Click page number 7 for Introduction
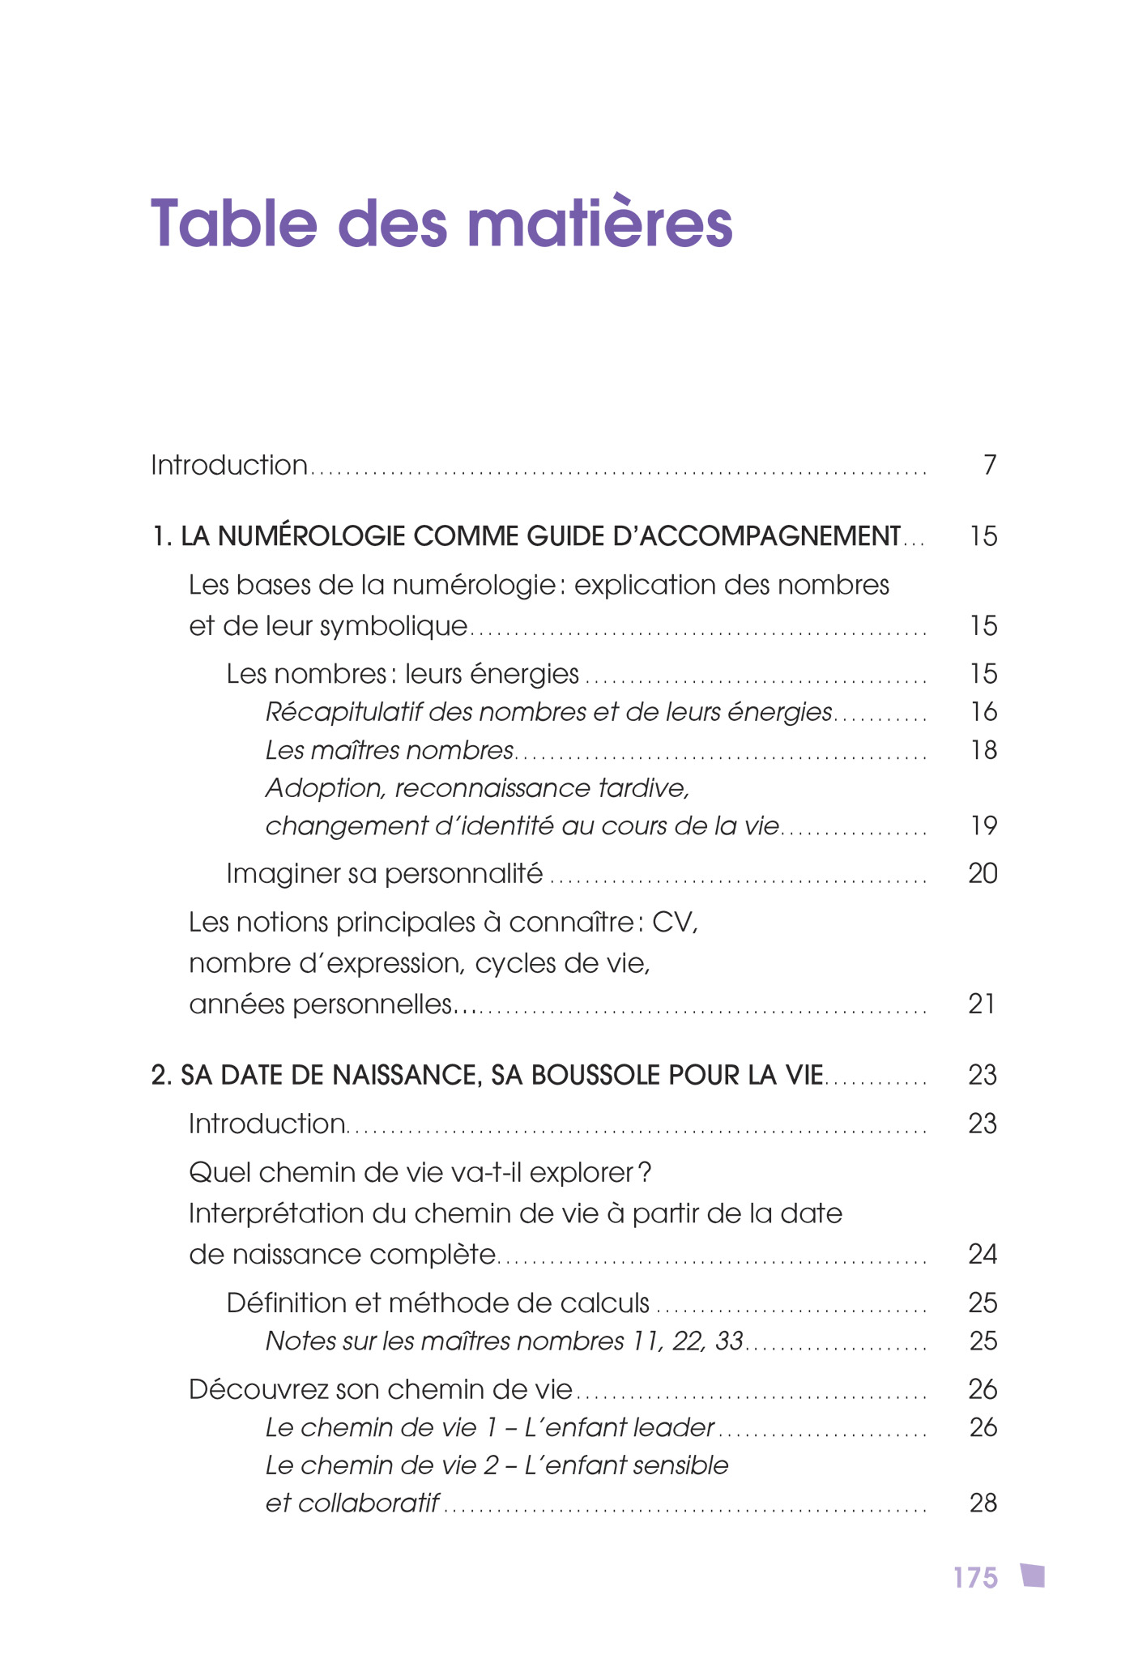(x=989, y=466)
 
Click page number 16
(x=983, y=712)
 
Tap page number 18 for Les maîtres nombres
(x=983, y=750)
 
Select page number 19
(x=983, y=826)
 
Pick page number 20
(x=983, y=874)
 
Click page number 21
(x=982, y=1004)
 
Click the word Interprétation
(x=276, y=1214)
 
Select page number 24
(x=983, y=1255)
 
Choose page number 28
(x=983, y=1504)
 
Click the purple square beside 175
(x=1033, y=1576)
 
